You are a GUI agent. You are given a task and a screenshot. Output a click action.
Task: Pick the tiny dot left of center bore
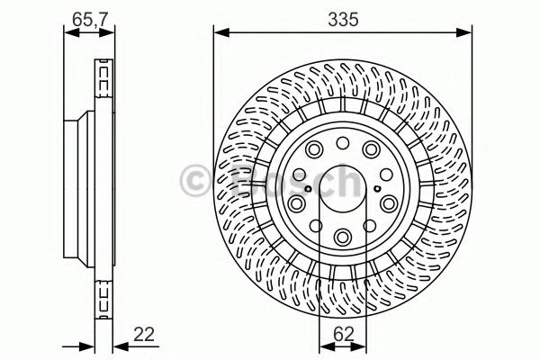(x=307, y=189)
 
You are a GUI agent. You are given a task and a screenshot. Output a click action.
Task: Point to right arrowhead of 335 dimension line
(x=469, y=33)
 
